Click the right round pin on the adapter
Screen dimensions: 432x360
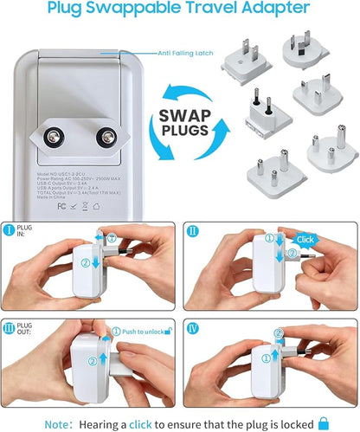point(108,137)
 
